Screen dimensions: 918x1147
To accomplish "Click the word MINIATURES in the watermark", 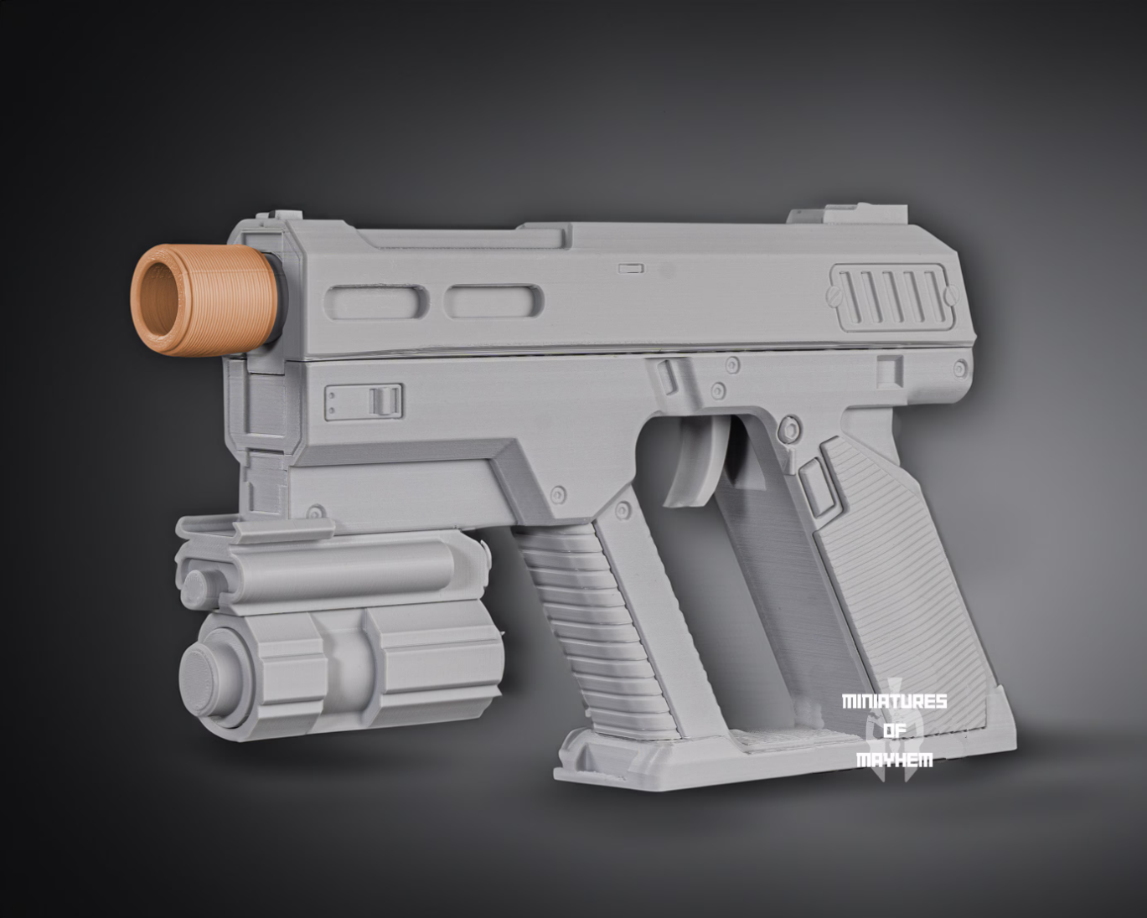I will (894, 701).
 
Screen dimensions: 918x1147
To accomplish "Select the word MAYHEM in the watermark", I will (894, 760).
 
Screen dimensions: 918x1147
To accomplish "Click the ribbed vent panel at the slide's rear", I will (890, 297).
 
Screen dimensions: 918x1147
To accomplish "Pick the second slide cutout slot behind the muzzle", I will (493, 301).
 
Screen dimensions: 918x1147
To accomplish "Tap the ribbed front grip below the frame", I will (586, 620).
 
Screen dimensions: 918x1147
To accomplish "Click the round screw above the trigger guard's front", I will (717, 390).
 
